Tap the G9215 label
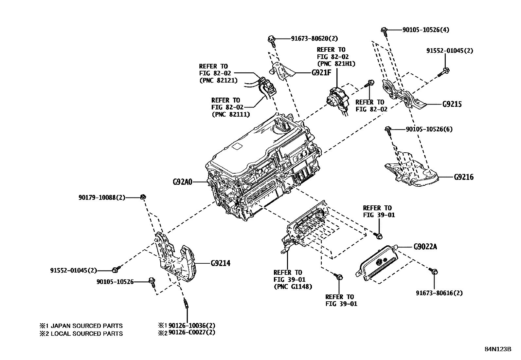452,104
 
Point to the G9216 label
464,177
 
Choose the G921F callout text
321,72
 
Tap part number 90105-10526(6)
429,129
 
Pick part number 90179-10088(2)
102,197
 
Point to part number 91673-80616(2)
439,293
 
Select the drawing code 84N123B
498,349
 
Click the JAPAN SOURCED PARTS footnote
81,326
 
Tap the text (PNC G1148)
293,287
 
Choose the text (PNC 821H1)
336,64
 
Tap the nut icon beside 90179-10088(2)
143,197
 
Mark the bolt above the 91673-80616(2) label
435,271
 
